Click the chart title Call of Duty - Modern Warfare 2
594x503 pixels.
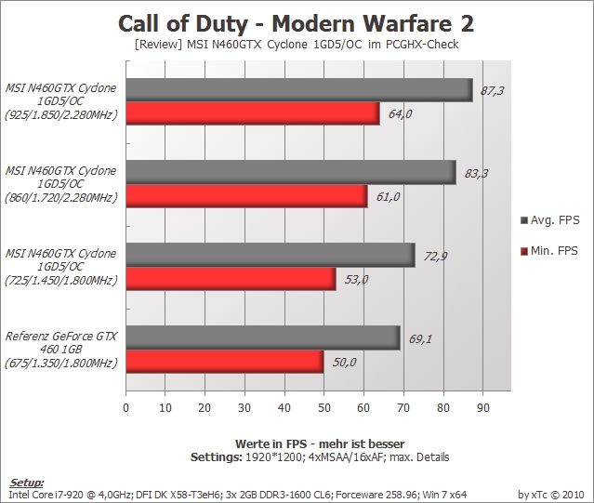click(296, 23)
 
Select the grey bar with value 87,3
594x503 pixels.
click(299, 90)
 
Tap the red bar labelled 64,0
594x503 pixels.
click(253, 113)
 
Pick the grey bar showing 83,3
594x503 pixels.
click(291, 173)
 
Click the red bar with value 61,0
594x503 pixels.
click(246, 196)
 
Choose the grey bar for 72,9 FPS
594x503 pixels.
click(271, 256)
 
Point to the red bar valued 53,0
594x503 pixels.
click(231, 279)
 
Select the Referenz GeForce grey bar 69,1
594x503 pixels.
click(263, 338)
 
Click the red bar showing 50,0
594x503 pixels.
click(225, 362)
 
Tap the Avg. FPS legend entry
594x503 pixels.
click(550, 220)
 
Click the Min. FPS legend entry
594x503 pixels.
click(549, 251)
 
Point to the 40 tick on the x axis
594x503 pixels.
click(284, 407)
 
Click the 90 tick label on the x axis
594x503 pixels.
click(482, 407)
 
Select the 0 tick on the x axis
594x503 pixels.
click(125, 407)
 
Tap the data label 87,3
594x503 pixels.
click(492, 90)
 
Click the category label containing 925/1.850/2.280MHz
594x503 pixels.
click(60, 101)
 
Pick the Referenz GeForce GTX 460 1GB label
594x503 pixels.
click(60, 350)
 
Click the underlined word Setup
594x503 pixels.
click(26, 483)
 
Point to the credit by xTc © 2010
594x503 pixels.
click(551, 495)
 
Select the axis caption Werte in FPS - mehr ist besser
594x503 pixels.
click(320, 443)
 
